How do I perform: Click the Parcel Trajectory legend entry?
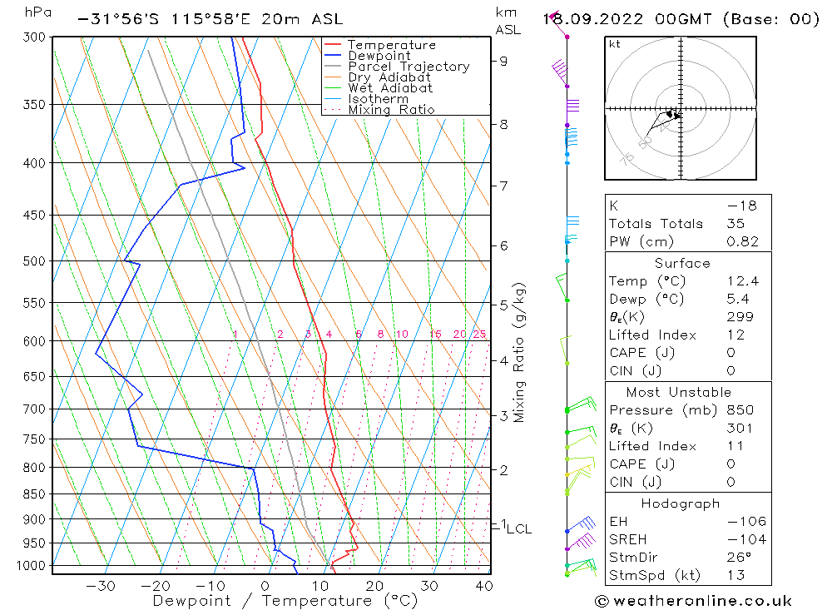409,67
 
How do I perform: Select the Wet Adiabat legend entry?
390,88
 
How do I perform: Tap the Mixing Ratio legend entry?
391,110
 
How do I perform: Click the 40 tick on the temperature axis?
483,586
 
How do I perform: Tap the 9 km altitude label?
504,61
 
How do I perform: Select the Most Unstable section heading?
680,392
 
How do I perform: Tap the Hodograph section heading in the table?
680,503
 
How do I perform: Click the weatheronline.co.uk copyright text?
693,601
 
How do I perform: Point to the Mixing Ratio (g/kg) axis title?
519,352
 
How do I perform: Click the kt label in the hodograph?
614,44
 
